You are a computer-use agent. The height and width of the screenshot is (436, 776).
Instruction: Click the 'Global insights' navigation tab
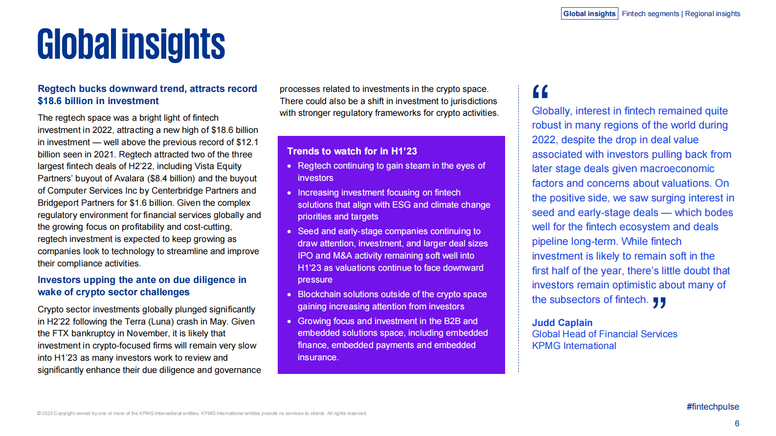click(589, 14)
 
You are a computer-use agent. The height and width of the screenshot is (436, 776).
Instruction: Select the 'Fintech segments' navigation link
click(650, 14)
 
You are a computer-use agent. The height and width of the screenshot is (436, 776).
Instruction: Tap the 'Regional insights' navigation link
click(712, 14)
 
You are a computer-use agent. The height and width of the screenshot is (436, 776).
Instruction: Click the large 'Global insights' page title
click(131, 44)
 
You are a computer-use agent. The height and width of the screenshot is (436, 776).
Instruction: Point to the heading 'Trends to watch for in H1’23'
click(352, 151)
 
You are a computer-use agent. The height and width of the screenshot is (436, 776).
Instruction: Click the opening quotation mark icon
click(540, 91)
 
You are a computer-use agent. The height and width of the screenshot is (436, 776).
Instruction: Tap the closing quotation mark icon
click(659, 303)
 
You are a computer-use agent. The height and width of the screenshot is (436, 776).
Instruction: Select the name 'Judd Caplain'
click(562, 323)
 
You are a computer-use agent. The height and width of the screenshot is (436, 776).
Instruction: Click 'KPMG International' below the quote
click(574, 346)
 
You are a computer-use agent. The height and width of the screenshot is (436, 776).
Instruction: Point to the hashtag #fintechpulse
click(712, 407)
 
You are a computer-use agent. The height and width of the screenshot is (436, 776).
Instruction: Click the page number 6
click(737, 423)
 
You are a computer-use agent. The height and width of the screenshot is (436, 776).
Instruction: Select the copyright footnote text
click(201, 414)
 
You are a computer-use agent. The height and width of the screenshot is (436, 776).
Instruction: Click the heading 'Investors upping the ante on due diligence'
click(142, 285)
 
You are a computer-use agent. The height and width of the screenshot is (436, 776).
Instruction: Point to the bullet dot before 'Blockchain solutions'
click(289, 295)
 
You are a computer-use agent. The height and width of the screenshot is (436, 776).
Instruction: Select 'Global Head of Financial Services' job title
click(604, 334)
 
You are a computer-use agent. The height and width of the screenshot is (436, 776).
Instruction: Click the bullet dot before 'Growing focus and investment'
click(289, 322)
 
